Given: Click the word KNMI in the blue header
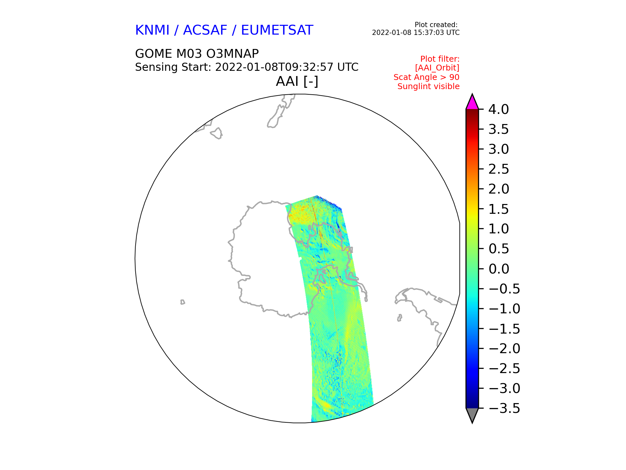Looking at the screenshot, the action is coord(152,30).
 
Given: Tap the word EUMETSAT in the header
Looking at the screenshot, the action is coord(277,30).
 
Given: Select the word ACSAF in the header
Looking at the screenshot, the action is coord(205,30).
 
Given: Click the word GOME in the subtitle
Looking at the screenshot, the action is coord(154,54).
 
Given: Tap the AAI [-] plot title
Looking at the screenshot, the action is coord(297,81).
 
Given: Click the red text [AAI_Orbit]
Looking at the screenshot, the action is coord(437,68).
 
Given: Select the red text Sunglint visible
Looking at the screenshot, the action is coord(428,86).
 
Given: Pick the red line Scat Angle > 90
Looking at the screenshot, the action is coord(426,77).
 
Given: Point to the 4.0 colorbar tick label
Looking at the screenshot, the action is coord(499,109).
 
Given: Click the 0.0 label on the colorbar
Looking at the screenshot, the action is coord(499,269).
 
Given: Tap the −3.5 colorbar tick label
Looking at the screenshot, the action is coord(505,408).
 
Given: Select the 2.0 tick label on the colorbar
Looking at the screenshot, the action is coord(499,189).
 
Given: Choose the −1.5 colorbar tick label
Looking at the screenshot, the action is coord(505,329).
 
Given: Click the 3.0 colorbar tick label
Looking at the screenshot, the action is coord(499,149).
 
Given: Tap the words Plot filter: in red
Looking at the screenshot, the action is coord(440,59).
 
